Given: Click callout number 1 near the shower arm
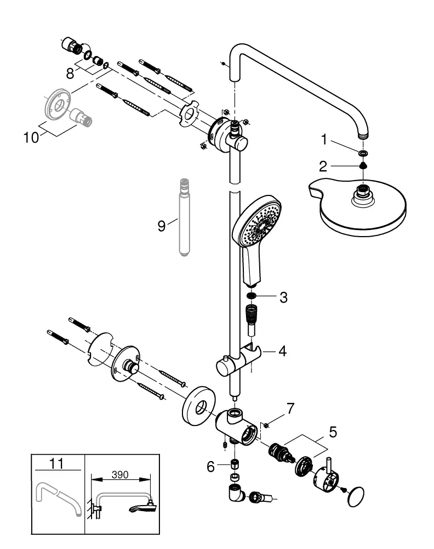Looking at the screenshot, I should (324, 141).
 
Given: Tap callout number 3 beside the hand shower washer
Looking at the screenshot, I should (283, 298).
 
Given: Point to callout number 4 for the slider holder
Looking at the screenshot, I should (282, 350).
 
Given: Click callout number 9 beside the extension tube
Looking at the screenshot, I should (161, 226).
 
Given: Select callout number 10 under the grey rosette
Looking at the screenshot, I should (31, 137).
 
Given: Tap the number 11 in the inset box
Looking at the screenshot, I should (57, 464).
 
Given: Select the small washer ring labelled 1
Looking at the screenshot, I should (362, 153).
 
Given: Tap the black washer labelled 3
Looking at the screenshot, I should (252, 298).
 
